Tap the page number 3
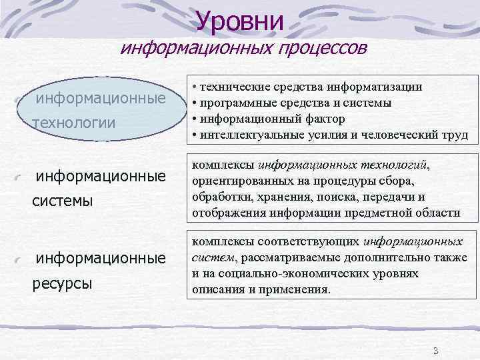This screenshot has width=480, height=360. click(x=435, y=351)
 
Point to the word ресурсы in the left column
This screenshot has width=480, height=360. click(x=62, y=283)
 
